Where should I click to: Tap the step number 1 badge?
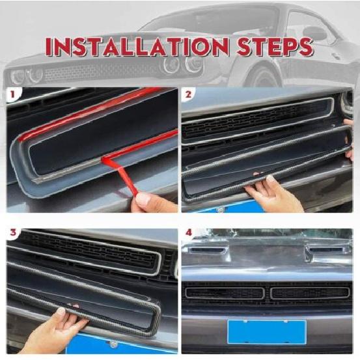pos(12,94)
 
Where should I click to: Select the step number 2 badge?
pos(188,94)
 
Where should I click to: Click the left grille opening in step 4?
pos(225,293)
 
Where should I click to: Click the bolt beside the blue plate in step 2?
pos(220,209)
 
